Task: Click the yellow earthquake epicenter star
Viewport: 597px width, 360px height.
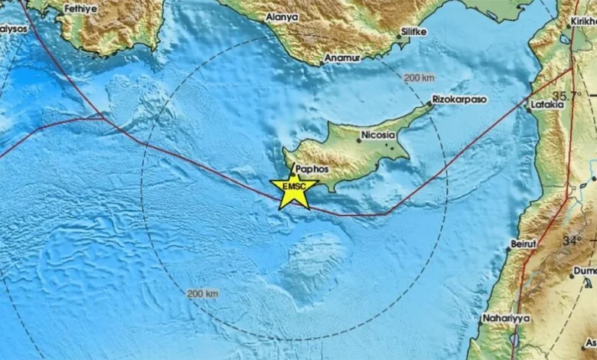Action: pos(293,190)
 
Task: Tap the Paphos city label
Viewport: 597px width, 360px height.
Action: pos(311,169)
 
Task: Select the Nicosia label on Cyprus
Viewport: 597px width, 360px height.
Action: pos(378,134)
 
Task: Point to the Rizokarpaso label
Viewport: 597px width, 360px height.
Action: pos(459,100)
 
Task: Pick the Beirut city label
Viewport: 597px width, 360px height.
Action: pos(524,243)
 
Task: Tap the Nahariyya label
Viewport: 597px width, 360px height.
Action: pos(505,317)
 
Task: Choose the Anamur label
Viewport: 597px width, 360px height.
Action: pos(341,57)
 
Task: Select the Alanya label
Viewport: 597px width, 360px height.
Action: pos(282,16)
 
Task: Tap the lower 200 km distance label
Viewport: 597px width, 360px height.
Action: pos(203,293)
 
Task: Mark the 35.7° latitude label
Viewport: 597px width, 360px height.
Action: pos(567,96)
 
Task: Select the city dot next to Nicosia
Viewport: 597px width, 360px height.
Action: pos(359,140)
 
